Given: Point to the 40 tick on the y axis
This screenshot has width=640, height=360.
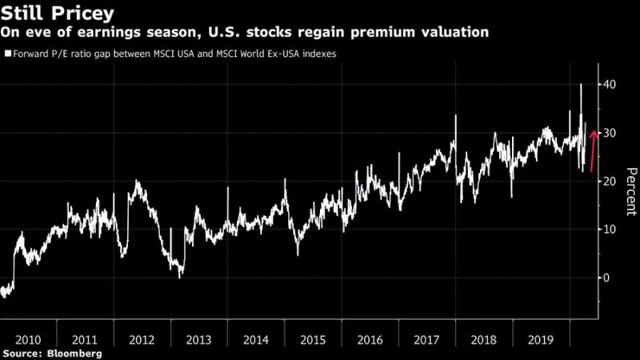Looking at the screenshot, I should pyautogui.click(x=610, y=85).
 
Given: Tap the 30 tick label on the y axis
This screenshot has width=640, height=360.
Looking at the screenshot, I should pyautogui.click(x=610, y=133).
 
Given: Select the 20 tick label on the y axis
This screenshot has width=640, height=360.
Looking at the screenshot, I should pyautogui.click(x=610, y=182).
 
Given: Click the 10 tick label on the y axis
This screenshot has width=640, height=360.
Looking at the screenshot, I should pyautogui.click(x=610, y=230).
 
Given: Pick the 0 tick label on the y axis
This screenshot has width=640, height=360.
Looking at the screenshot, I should pyautogui.click(x=606, y=278).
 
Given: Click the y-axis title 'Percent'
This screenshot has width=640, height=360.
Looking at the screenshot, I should pyautogui.click(x=630, y=192).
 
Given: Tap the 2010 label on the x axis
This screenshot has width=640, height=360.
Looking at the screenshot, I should pyautogui.click(x=28, y=339).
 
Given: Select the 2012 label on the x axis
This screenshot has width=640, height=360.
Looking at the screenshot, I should pyautogui.click(x=141, y=339).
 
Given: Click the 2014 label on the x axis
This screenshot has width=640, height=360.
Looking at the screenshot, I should pyautogui.click(x=255, y=339).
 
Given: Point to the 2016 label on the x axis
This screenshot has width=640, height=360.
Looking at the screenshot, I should pyautogui.click(x=370, y=339).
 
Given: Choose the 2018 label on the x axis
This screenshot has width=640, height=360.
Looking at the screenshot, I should pyautogui.click(x=484, y=339).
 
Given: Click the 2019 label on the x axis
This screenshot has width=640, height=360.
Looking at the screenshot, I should pyautogui.click(x=540, y=339).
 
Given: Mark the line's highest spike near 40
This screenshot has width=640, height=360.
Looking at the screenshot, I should pyautogui.click(x=581, y=84).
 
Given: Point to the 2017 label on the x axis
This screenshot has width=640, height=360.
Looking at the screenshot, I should pyautogui.click(x=426, y=339).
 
